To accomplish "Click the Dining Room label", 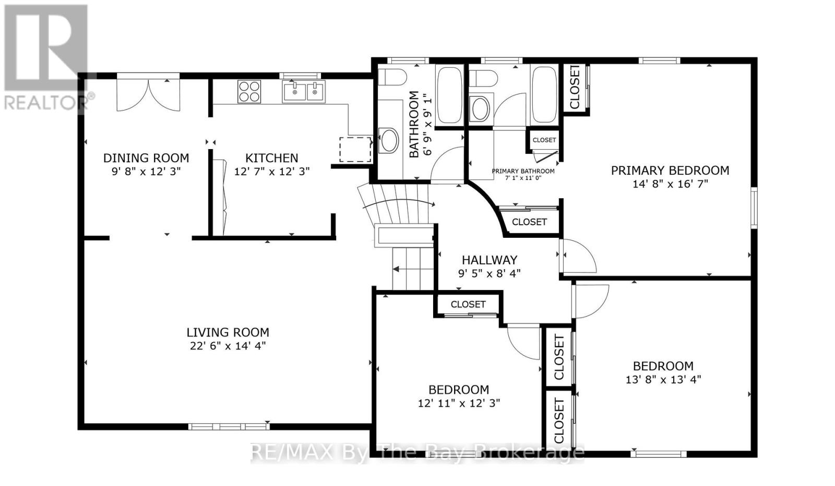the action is point(146,158).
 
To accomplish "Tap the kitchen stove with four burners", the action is point(249,91).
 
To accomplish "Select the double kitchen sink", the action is point(303,91).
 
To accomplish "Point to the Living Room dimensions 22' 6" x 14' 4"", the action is point(228,346).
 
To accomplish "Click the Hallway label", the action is point(490,260).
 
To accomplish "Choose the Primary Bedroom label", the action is point(670,171).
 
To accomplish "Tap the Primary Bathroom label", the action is point(523,172).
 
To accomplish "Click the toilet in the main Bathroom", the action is point(392,77).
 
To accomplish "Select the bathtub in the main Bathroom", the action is point(449,95).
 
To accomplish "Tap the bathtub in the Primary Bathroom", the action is point(545,94).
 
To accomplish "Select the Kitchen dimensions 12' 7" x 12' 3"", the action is point(272,172).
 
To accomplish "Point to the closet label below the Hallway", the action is point(468,304).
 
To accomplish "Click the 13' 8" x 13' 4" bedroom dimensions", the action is point(663,380).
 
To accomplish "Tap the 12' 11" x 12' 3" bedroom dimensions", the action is point(459,403).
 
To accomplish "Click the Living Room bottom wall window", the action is point(229,427).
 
